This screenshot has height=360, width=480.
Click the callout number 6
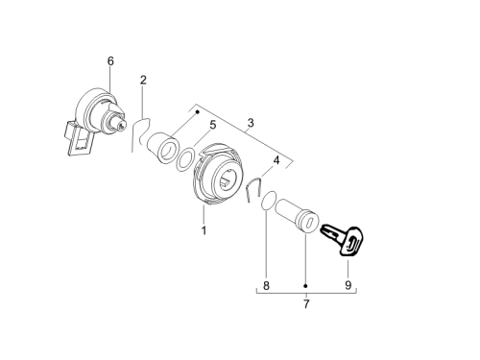110,60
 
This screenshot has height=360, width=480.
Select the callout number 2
143,80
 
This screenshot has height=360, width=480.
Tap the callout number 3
251,123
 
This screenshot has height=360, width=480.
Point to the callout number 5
213,125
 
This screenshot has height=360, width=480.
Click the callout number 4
276,160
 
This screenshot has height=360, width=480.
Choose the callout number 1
204,230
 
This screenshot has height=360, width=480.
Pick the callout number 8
266,285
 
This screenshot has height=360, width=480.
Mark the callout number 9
348,285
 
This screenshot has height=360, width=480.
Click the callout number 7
306,304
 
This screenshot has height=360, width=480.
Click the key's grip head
351,242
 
